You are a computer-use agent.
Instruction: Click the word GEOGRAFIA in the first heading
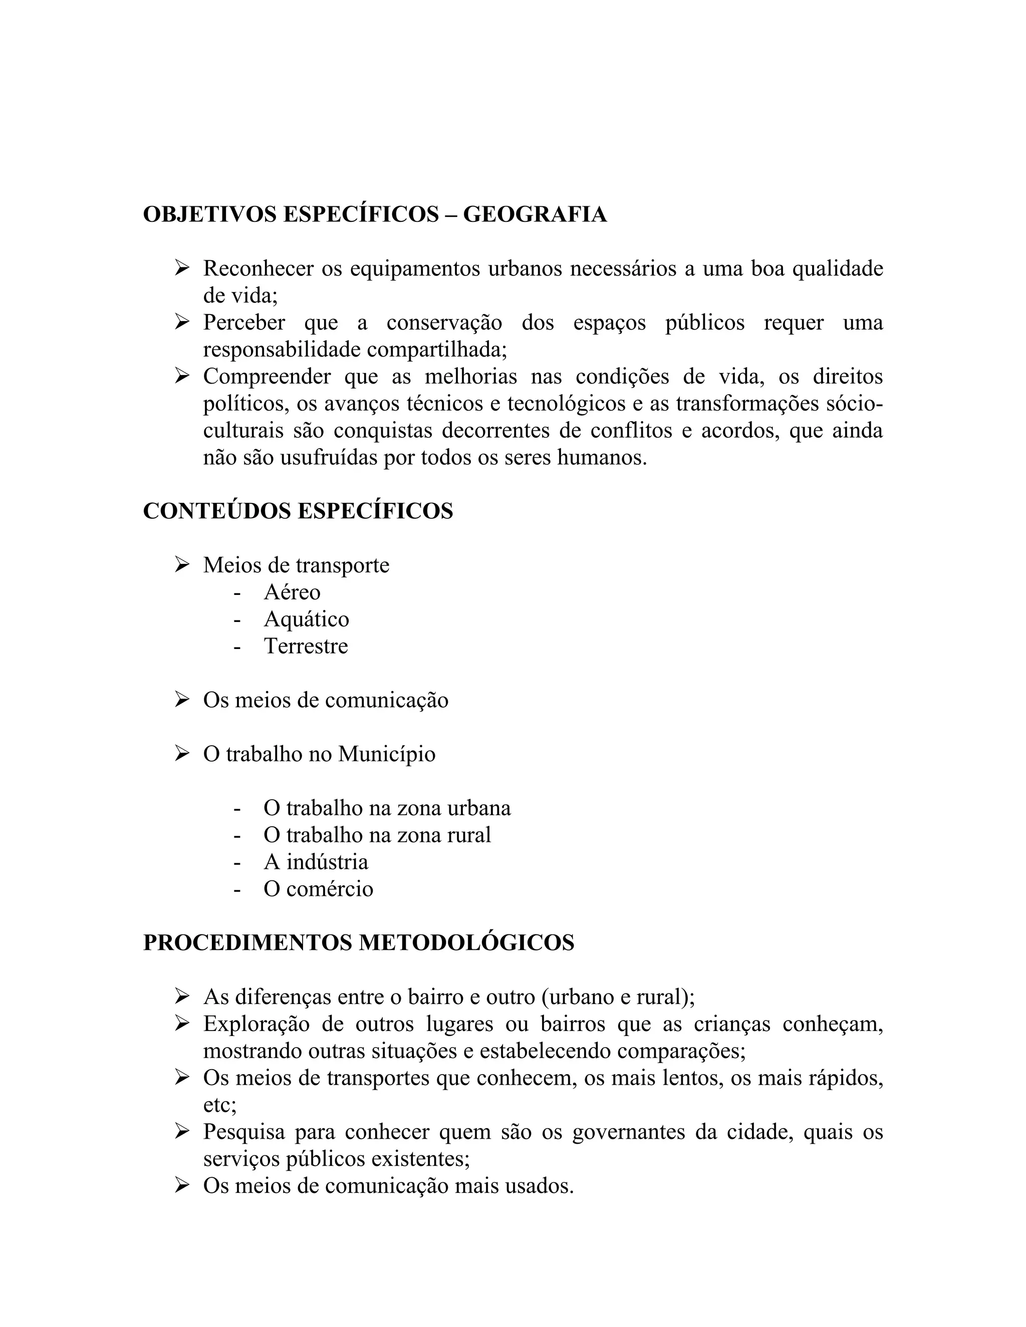point(535,214)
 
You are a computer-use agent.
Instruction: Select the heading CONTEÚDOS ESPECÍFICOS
point(298,511)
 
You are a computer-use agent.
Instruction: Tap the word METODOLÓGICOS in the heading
point(466,942)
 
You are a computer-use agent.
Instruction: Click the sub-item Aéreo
point(292,592)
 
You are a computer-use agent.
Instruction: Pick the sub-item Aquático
point(306,619)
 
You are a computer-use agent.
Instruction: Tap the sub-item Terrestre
point(306,646)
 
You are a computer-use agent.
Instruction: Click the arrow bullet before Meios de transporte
point(182,565)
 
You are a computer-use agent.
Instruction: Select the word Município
point(387,754)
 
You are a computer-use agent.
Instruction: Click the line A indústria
point(316,862)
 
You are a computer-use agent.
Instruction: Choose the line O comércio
point(318,889)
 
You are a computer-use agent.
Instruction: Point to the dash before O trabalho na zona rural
point(237,835)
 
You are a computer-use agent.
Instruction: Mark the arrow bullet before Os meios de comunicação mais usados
point(182,1185)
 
